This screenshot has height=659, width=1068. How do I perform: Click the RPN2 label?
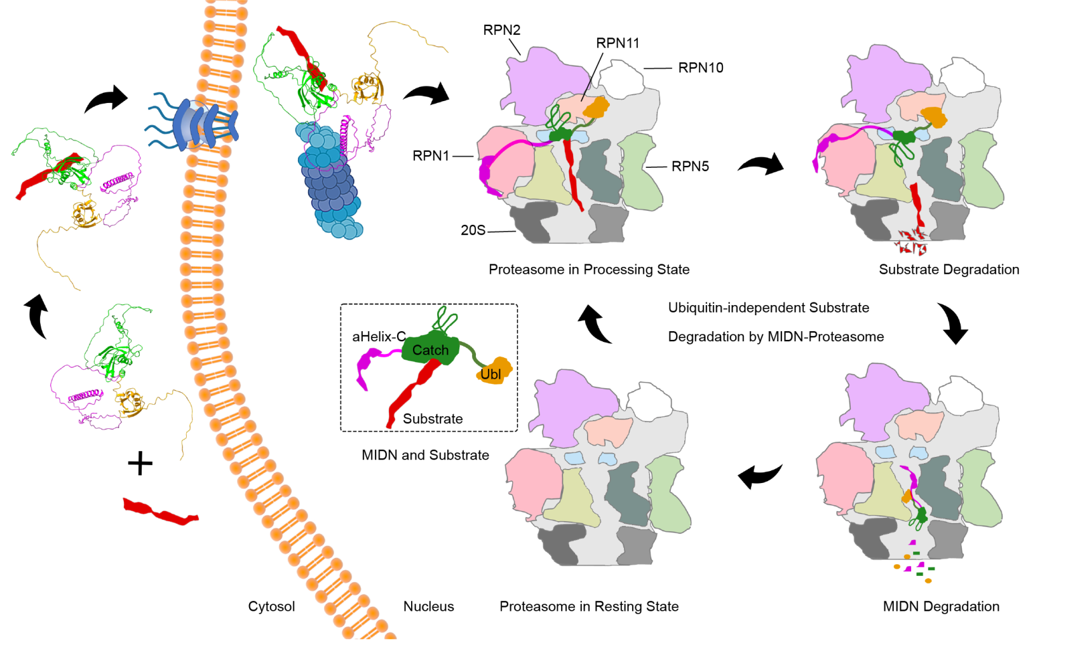click(501, 30)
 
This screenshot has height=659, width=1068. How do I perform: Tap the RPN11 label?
click(617, 43)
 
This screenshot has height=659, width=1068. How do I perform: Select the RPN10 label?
click(700, 68)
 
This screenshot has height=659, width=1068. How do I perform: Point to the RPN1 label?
click(431, 156)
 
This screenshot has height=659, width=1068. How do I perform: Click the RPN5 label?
click(690, 166)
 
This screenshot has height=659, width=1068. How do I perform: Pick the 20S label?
click(473, 230)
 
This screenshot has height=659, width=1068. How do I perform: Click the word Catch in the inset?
click(430, 350)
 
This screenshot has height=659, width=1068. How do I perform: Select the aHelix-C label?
click(379, 337)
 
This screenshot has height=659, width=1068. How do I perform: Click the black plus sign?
click(140, 463)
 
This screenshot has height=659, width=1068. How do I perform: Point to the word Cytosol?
click(271, 606)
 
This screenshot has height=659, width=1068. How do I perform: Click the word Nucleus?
click(428, 606)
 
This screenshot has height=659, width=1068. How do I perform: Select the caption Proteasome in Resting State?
click(589, 606)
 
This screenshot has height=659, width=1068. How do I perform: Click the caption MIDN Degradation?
click(941, 606)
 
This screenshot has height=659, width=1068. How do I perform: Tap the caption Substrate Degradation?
click(949, 269)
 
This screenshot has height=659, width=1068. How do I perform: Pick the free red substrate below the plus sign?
click(160, 512)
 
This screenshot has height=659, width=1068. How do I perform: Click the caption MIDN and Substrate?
click(425, 455)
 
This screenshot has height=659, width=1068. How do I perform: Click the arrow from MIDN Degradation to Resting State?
click(760, 475)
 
